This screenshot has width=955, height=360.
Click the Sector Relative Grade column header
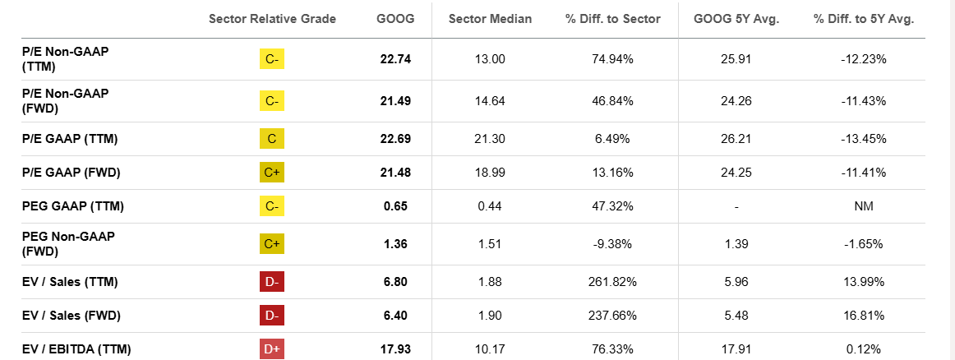pos(272,19)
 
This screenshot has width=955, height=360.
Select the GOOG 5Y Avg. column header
pos(736,19)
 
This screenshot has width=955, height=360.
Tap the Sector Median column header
pos(490,19)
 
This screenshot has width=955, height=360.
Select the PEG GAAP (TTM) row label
pos(73,206)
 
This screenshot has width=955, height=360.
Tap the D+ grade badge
pos(272,348)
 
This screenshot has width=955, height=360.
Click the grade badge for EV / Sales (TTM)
pos(272,282)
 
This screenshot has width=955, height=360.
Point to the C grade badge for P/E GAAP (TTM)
pos(272,139)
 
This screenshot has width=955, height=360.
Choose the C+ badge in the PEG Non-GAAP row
pos(272,243)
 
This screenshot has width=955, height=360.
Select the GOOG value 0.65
pos(398,206)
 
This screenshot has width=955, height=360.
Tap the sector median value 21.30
pos(491,139)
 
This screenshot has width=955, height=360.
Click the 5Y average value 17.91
pos(736,348)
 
